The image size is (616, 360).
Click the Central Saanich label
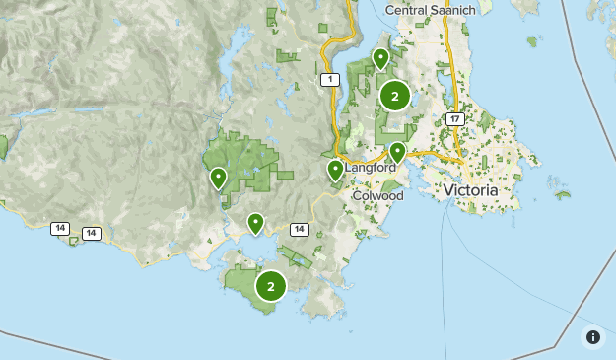(x=430, y=9)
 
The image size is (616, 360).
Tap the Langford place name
(x=370, y=168)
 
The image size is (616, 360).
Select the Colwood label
(x=377, y=195)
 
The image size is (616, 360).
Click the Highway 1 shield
(x=328, y=79)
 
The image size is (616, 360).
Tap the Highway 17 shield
(x=454, y=118)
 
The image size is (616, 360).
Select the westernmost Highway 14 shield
(x=61, y=229)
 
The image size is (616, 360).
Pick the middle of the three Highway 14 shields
(x=92, y=234)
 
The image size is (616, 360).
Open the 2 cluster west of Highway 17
(x=395, y=96)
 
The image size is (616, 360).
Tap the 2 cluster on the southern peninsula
(x=271, y=286)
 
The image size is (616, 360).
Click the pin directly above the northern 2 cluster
(x=380, y=58)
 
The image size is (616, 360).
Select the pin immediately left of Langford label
(x=335, y=171)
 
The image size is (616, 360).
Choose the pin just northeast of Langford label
(x=397, y=152)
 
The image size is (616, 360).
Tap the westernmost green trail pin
(x=218, y=178)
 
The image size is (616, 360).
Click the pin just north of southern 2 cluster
(x=256, y=223)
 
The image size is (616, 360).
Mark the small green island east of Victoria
(x=562, y=195)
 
